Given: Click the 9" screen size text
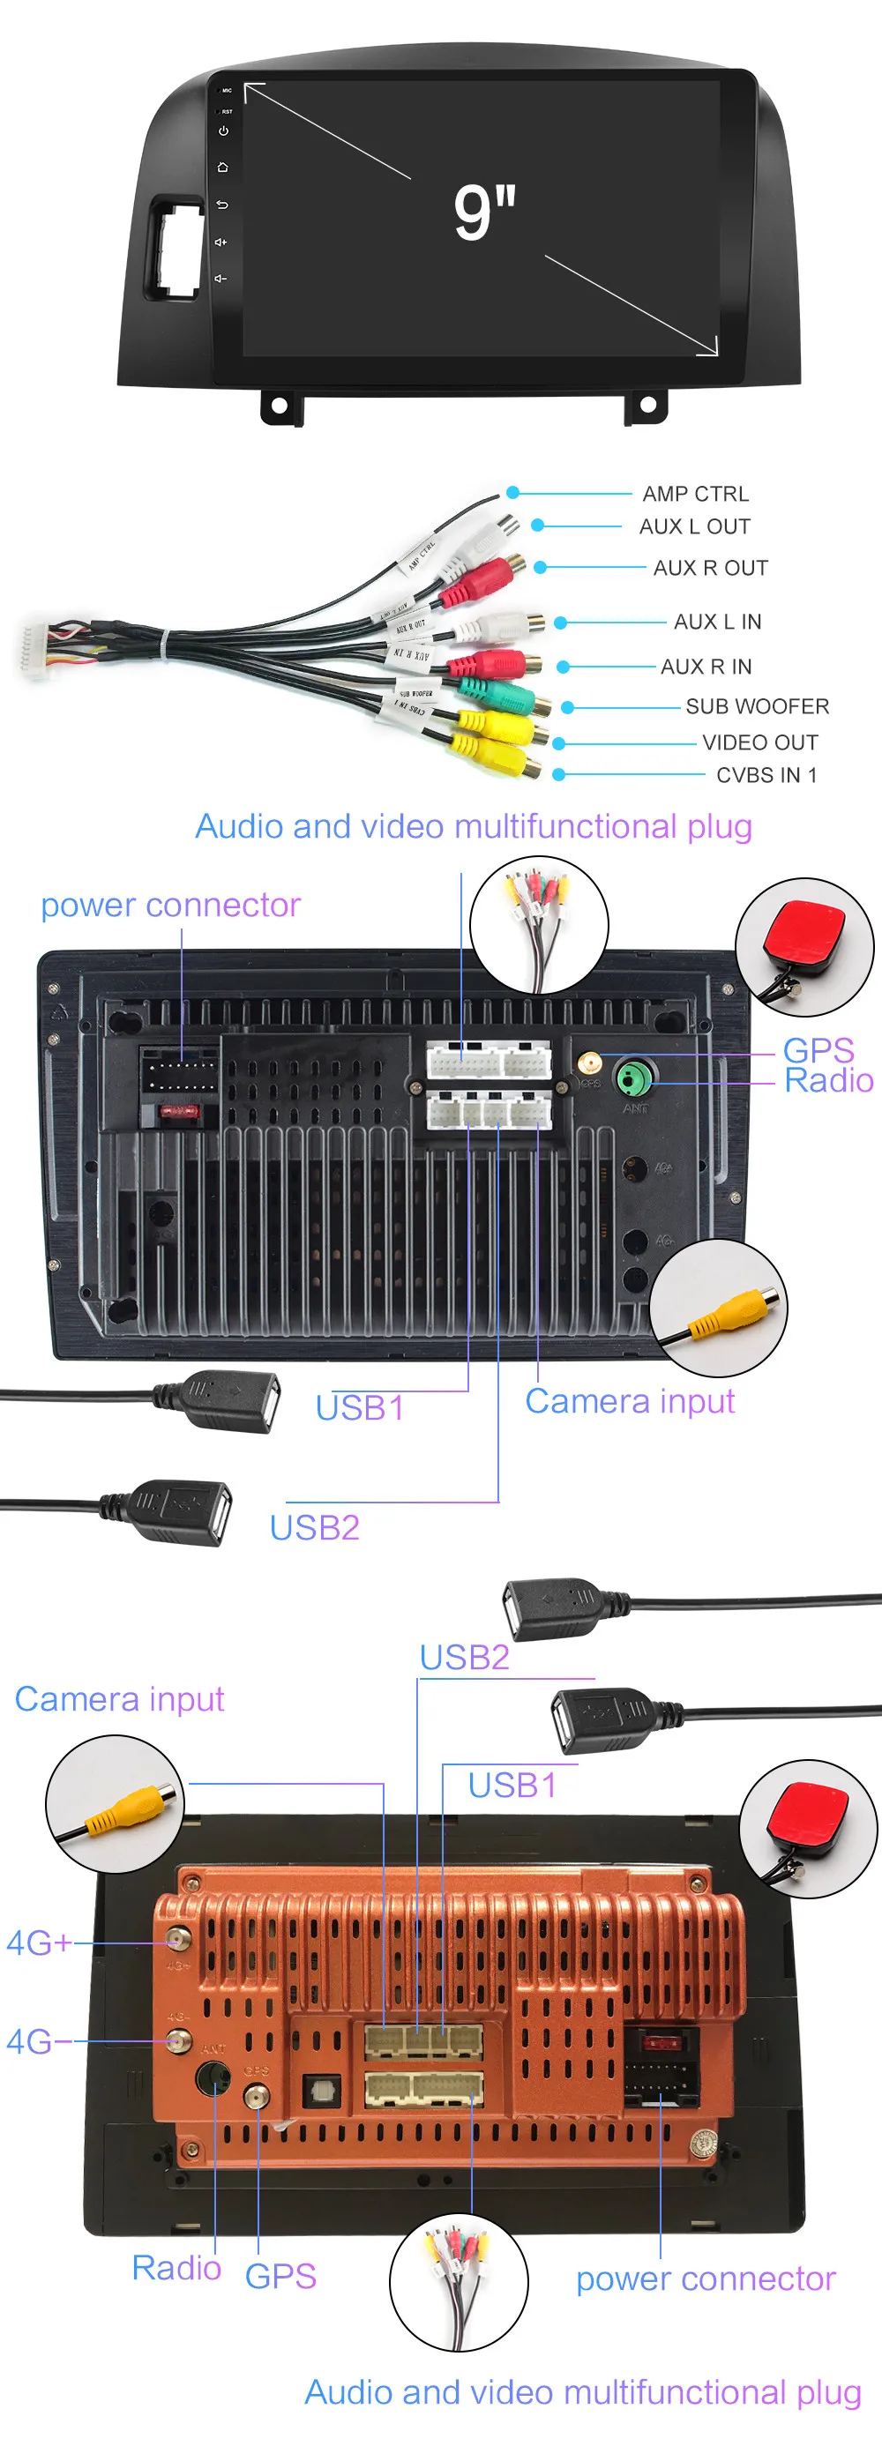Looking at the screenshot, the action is [x=484, y=213].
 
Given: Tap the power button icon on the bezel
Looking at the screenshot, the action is [x=222, y=131].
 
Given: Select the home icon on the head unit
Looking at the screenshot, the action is [x=222, y=168].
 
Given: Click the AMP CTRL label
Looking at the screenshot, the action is [x=695, y=494].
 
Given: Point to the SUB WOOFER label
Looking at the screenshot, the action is [x=757, y=706].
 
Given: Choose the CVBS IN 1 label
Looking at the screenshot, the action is [x=766, y=775].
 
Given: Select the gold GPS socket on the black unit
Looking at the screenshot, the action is [x=589, y=1063].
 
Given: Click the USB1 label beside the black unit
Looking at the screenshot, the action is [x=359, y=1408].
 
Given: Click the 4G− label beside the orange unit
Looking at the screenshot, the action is [x=38, y=2041].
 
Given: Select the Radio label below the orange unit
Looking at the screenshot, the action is [x=176, y=2268].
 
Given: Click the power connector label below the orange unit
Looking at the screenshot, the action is [x=706, y=2279].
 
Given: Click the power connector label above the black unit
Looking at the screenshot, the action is [x=170, y=905].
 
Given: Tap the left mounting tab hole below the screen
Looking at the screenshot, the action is [x=279, y=405].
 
